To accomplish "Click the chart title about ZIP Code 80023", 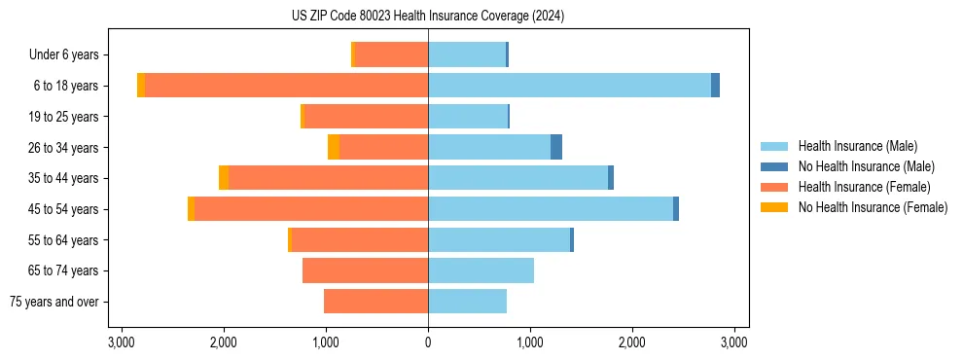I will [x=428, y=17].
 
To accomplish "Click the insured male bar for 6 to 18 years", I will [x=569, y=86].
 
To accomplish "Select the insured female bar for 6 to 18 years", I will [x=286, y=86].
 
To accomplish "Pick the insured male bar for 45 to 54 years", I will [x=551, y=209].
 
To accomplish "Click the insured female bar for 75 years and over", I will [x=375, y=302].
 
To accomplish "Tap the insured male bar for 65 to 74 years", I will [x=481, y=270].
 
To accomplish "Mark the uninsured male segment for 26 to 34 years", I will [x=556, y=147].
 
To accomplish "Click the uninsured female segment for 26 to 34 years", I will [x=334, y=147].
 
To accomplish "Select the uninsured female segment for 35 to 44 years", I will [x=224, y=178].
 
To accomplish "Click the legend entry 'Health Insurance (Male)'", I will [x=857, y=146].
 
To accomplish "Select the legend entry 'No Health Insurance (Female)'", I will [x=873, y=207].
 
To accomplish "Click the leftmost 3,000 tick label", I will [x=122, y=342].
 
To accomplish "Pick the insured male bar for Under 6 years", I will [x=467, y=55].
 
